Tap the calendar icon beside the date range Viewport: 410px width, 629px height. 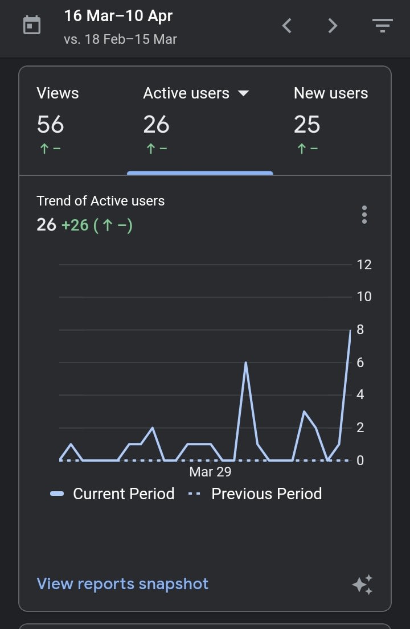[x=32, y=25]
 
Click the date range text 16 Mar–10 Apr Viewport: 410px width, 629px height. [x=118, y=16]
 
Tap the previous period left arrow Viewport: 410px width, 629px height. [x=287, y=26]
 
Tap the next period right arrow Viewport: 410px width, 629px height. [x=333, y=26]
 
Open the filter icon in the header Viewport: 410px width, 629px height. [x=382, y=26]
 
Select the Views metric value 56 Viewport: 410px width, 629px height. [x=50, y=125]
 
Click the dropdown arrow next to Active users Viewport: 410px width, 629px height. [x=244, y=93]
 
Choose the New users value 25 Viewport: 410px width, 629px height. [x=307, y=125]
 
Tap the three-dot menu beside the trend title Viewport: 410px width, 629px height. [x=364, y=215]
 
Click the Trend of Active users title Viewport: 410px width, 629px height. [x=101, y=201]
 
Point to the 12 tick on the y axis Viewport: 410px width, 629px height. [x=364, y=265]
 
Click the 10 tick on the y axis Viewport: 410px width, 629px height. [x=364, y=297]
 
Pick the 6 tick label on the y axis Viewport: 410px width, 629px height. [x=360, y=363]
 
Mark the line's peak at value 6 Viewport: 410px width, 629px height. [x=245, y=363]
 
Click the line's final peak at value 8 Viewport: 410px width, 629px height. [x=350, y=331]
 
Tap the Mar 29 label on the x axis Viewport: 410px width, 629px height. [x=210, y=472]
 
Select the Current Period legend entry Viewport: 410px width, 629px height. [x=113, y=494]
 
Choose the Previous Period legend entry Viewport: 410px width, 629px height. [x=256, y=494]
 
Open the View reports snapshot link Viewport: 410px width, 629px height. [x=122, y=583]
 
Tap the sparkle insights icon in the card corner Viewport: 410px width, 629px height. [x=362, y=585]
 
